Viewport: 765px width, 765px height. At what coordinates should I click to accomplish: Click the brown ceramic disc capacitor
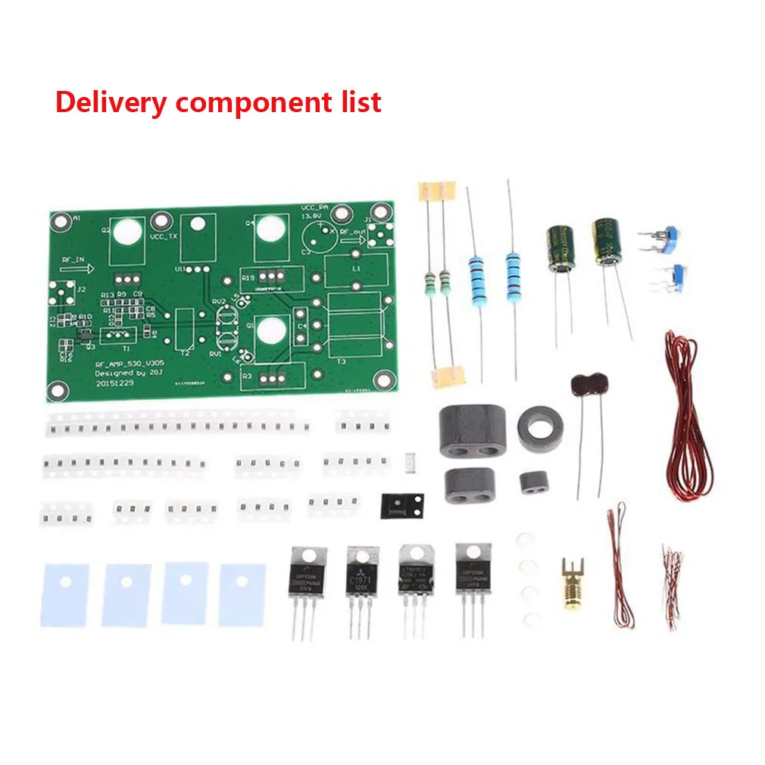pyautogui.click(x=592, y=384)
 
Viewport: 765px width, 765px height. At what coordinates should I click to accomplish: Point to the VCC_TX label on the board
pyautogui.click(x=164, y=236)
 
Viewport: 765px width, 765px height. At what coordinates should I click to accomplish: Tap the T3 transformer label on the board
pyautogui.click(x=341, y=362)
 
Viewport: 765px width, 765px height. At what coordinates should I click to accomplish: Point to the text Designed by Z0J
pyautogui.click(x=120, y=373)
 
